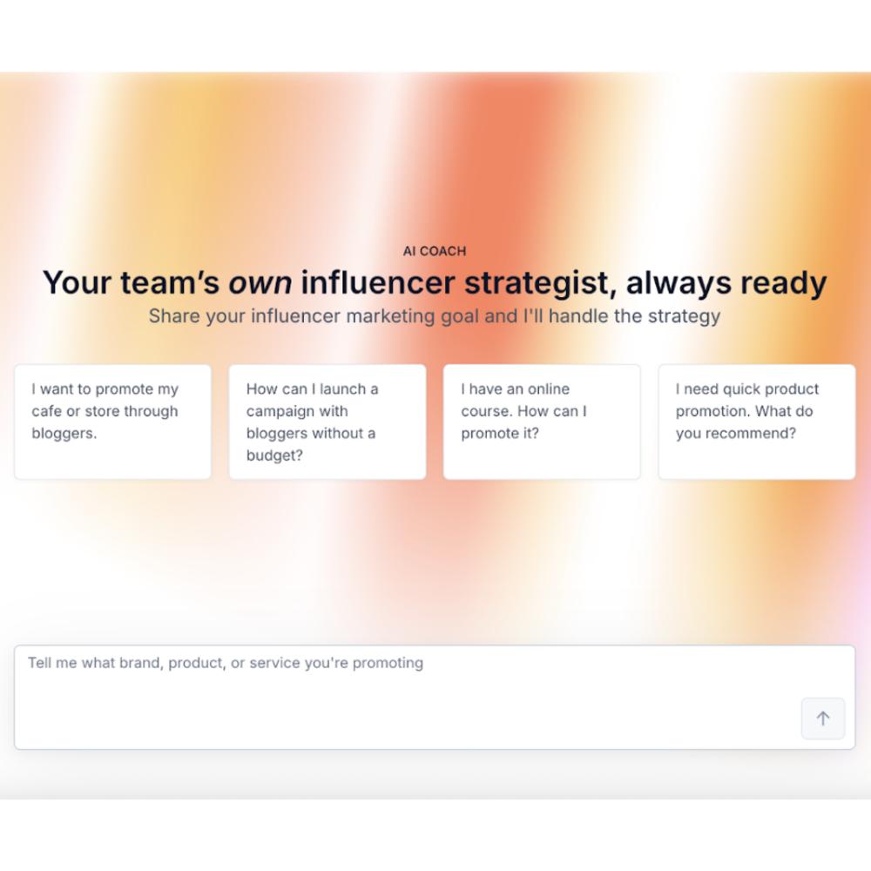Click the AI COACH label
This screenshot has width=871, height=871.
click(435, 251)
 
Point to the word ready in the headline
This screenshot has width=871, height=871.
click(783, 283)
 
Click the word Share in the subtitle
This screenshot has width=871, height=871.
click(174, 315)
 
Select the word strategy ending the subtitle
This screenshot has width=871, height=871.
click(684, 315)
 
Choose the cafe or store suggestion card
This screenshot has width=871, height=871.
click(112, 422)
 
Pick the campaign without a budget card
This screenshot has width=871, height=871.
click(327, 422)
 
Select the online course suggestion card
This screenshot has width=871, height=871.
click(542, 422)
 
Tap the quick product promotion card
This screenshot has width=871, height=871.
click(757, 422)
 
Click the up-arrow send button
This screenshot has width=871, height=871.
click(823, 719)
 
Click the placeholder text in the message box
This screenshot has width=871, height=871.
click(226, 663)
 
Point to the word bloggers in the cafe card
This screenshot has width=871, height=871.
click(64, 434)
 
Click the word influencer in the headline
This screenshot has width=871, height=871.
click(377, 283)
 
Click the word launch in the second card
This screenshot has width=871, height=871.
click(344, 389)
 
